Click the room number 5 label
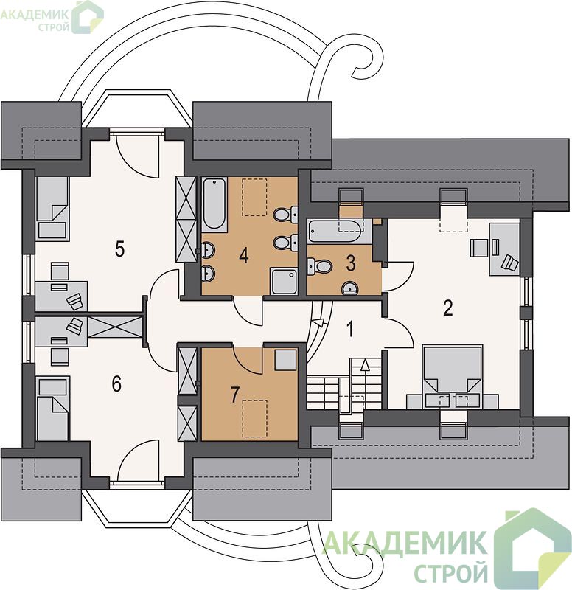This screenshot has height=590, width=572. pos(119,249)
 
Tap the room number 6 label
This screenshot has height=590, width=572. pos(116,384)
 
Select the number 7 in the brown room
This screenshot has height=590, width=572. pos(234,395)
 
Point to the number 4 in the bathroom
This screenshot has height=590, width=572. pos(244,255)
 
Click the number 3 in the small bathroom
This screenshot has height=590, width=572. pos(350,263)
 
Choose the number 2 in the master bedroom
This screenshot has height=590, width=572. pos(447,308)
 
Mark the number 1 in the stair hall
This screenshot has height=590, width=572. pos(349,329)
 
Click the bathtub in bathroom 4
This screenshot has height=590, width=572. pos(214,205)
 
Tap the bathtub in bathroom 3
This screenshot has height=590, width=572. pos(335,231)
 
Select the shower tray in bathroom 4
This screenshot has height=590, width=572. pos(284,282)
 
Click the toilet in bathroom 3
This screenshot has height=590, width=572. pos(319,267)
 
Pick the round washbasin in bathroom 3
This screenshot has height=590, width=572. pos(349,288)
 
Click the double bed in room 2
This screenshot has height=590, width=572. pos(453,376)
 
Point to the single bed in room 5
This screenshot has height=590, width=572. pos(52,208)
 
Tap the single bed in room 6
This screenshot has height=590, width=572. pos(52,408)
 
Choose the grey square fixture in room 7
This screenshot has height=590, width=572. pos(285,360)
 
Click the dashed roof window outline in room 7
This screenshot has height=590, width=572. pos(255,418)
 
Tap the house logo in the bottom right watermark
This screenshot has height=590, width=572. pos(533,546)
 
